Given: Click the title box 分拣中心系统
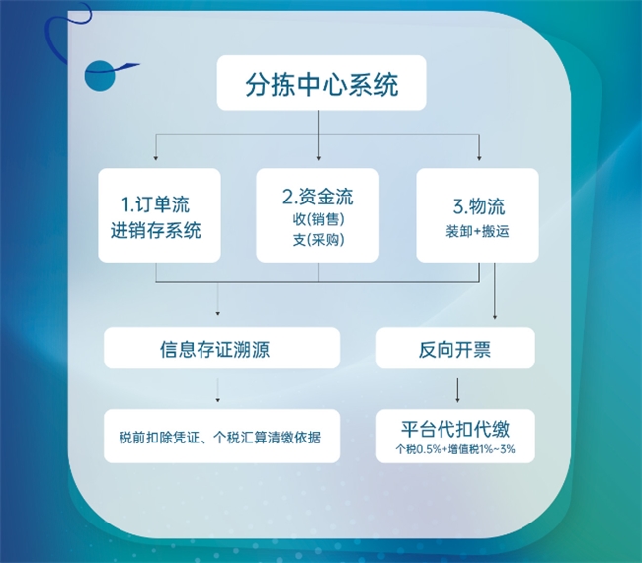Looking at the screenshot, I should pos(321,85).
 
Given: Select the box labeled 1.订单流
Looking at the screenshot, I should pos(159,215).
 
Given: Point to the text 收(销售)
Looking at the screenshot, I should pos(318,218).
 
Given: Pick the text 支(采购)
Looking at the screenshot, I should pos(318,239).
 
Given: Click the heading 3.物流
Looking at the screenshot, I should pos(478,207).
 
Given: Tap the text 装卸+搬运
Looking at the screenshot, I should pos(478,233).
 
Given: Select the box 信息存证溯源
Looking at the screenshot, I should pos(221,348).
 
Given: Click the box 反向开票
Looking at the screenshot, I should pos(456,348).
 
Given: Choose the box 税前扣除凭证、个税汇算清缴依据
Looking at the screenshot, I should pos(221,436).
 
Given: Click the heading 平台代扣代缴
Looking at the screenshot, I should pos(456,429).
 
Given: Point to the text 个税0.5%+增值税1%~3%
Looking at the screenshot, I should pos(456,450).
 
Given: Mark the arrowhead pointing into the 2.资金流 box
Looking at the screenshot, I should pos(318,158).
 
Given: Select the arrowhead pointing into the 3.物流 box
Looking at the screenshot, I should pos(479,158).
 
